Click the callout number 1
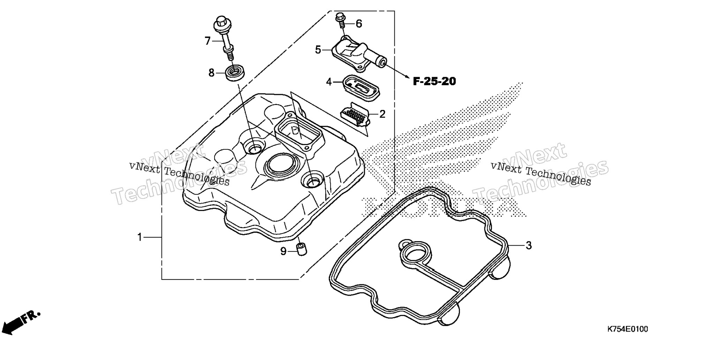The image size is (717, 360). point(140,238)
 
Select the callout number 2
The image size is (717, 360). point(382,114)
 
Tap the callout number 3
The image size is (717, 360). point(529,246)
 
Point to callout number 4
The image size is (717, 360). point(329,82)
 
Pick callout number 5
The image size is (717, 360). point(318,50)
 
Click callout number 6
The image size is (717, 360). point(359,24)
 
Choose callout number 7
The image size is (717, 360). point(208,41)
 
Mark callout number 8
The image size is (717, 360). point(211,73)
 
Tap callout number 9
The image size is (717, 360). point(283,251)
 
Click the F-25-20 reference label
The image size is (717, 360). point(434,82)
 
